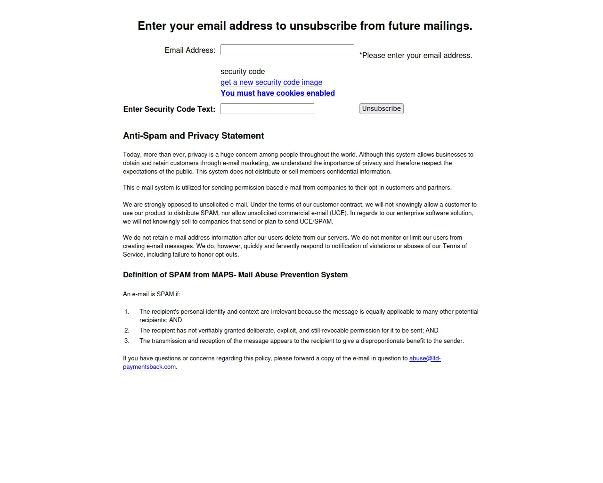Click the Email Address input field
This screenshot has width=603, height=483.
(x=287, y=50)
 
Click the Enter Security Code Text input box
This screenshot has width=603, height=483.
(x=267, y=109)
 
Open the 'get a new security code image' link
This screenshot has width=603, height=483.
(x=271, y=83)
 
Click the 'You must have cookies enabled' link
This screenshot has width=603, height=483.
(x=277, y=93)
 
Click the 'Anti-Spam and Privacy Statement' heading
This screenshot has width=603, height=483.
(x=193, y=136)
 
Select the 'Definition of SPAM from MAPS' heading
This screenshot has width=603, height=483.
(x=235, y=275)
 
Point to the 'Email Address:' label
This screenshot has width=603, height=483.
(x=190, y=50)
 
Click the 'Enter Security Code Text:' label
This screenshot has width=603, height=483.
(x=169, y=109)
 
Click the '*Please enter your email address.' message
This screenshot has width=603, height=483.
(x=416, y=56)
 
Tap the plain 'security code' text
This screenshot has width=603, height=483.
(x=243, y=72)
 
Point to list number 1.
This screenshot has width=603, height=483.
(x=127, y=312)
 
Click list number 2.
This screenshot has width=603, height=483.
(x=127, y=331)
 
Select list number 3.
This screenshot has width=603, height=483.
(x=127, y=341)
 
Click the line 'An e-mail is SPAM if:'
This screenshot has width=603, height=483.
(x=152, y=294)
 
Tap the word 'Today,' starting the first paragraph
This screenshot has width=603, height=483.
(x=132, y=155)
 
